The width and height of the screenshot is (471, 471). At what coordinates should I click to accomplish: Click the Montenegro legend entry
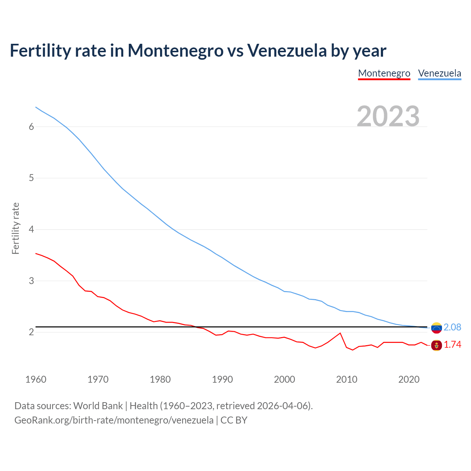point(384,73)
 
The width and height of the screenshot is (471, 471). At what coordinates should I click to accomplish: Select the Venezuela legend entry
point(439,73)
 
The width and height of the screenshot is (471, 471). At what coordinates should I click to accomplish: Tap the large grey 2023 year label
point(388,116)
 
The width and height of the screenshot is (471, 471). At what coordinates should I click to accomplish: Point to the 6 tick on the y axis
point(31,127)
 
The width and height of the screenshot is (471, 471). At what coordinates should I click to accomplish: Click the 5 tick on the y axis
point(31,178)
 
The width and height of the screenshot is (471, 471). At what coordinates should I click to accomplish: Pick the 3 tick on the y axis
point(31,281)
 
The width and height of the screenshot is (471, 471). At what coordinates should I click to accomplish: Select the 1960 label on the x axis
point(36,379)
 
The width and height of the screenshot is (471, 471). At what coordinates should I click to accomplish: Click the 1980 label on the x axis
point(160,379)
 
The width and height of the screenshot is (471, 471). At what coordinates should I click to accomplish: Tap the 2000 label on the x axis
point(284,379)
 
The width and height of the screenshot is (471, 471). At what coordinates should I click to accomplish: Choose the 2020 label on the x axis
point(409,379)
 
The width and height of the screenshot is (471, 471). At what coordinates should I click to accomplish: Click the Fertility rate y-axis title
point(15,228)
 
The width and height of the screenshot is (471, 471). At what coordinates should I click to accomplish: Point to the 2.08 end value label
point(452,327)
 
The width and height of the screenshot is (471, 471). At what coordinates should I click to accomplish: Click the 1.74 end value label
point(452,345)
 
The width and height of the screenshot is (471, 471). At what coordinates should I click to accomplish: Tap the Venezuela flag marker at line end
point(436,327)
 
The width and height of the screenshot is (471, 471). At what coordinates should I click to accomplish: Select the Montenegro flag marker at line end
point(436,345)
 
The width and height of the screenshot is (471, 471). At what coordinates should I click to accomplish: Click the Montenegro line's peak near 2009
point(340,333)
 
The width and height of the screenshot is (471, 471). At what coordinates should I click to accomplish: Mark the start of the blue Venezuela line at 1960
point(36,107)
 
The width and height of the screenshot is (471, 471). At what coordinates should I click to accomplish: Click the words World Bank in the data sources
point(98,406)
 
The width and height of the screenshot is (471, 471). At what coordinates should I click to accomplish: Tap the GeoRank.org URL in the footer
point(114,420)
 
